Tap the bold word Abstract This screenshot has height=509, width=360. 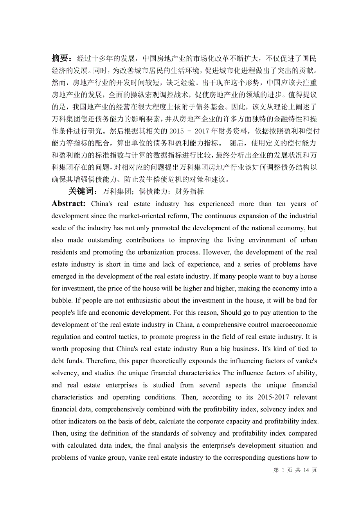pos(68,204)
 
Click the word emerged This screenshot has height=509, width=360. pos(64,276)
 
